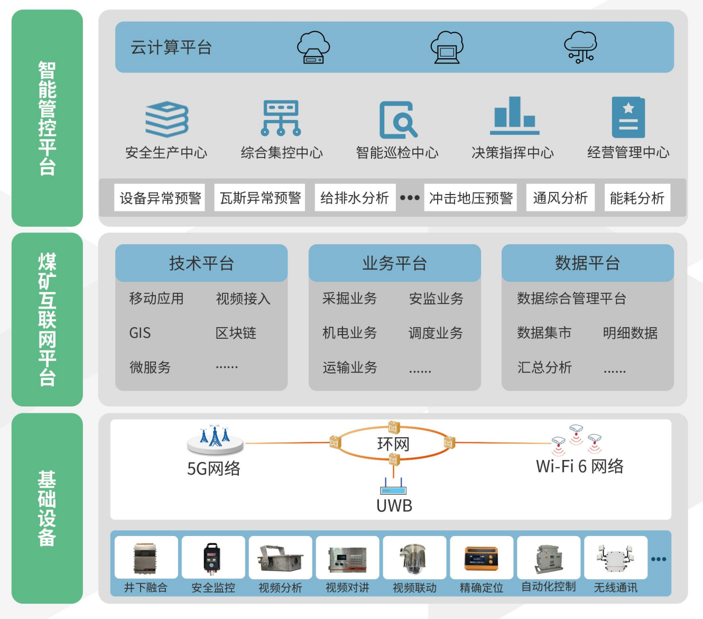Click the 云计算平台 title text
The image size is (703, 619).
(x=171, y=48)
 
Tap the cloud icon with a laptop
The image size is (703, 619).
(x=447, y=47)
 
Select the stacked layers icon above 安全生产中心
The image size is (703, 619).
(x=167, y=119)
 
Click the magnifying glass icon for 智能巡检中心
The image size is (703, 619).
(x=398, y=120)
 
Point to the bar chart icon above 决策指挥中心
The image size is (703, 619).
(x=514, y=116)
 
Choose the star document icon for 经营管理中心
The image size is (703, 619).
(x=628, y=117)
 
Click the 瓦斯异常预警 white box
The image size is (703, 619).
(x=260, y=198)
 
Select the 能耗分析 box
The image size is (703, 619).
(x=637, y=198)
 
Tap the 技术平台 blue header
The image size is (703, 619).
(x=201, y=263)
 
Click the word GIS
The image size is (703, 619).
(x=140, y=333)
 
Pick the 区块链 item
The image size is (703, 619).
(x=236, y=333)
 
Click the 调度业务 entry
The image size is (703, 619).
(x=436, y=333)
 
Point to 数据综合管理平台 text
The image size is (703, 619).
(x=571, y=299)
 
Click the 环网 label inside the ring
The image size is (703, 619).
(x=393, y=444)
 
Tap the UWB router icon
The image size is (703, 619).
(x=393, y=486)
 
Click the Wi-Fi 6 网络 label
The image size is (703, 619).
(x=579, y=466)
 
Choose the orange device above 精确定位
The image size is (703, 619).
(x=481, y=559)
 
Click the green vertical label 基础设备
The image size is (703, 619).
(x=47, y=508)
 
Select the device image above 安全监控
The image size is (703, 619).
(x=212, y=558)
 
